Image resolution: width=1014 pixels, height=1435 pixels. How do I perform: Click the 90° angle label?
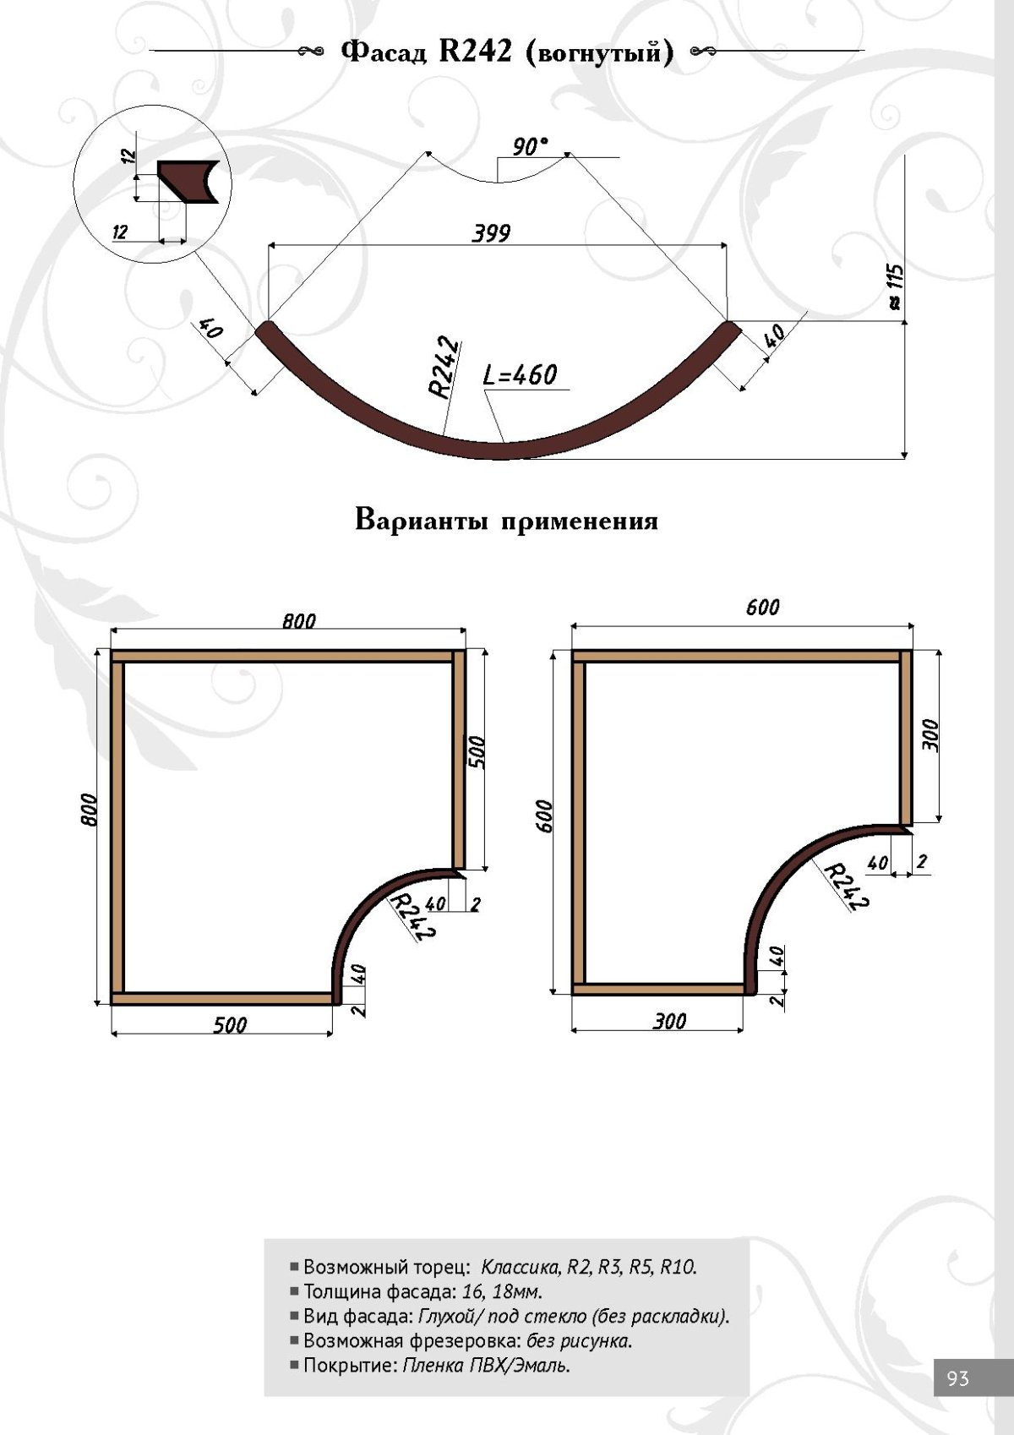click(x=530, y=147)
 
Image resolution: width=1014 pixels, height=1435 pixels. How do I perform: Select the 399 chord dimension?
click(x=491, y=233)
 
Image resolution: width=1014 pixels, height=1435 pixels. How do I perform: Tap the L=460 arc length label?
click(x=521, y=374)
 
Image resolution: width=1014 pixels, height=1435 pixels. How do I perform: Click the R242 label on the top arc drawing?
click(x=444, y=368)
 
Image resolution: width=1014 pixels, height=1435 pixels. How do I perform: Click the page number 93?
click(x=958, y=1378)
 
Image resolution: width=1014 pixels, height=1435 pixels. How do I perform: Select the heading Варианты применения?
click(x=506, y=519)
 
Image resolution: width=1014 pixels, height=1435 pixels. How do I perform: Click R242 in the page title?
click(x=475, y=52)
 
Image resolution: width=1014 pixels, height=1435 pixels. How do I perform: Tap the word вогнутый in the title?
click(x=598, y=53)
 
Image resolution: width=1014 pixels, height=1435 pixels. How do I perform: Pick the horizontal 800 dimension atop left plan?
click(x=299, y=621)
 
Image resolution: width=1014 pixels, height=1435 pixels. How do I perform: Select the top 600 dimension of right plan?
click(x=762, y=608)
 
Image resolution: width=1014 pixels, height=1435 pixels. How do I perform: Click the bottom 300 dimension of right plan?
click(x=669, y=1021)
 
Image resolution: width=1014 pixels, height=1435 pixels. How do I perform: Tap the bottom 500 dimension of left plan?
click(x=230, y=1025)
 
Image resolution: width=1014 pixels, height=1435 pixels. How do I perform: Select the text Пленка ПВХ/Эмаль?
click(x=486, y=1365)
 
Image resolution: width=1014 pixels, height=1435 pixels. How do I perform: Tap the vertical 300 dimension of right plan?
click(x=929, y=735)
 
